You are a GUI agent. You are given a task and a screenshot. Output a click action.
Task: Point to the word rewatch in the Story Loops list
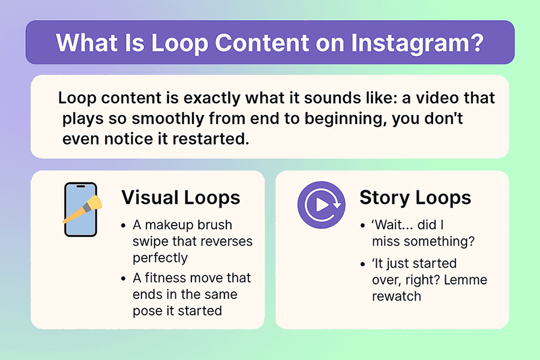(397, 295)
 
